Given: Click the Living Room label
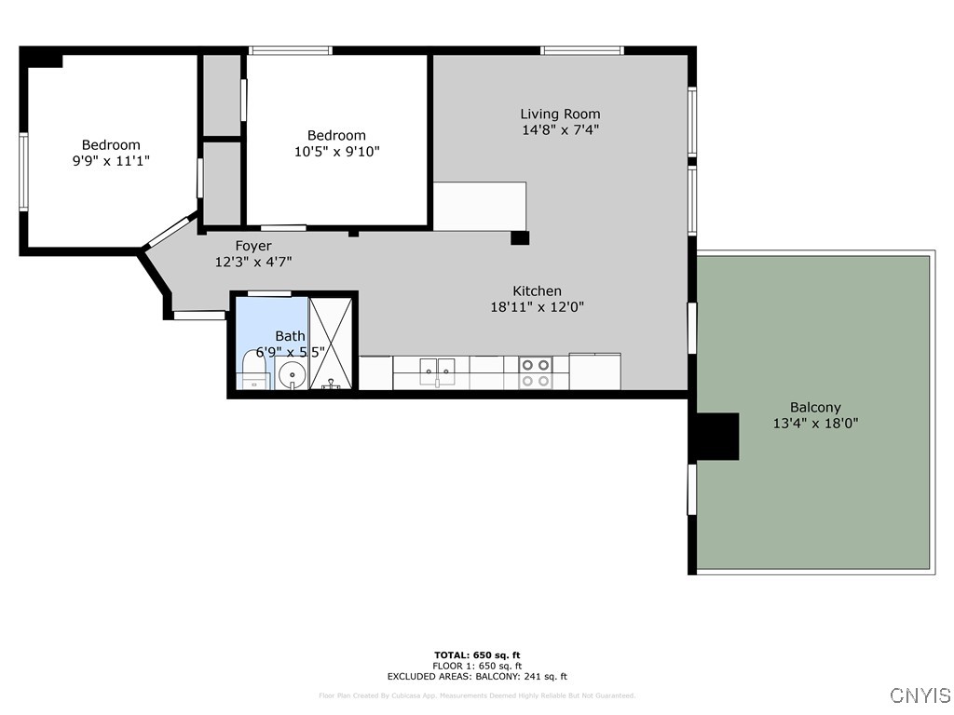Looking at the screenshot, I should click(x=560, y=115).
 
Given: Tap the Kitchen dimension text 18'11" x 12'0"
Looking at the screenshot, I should click(x=537, y=306).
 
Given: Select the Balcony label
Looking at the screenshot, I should click(x=815, y=407).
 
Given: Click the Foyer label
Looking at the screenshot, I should click(x=253, y=246).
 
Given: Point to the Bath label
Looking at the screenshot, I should click(x=290, y=335).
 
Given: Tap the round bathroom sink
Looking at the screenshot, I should click(x=292, y=374).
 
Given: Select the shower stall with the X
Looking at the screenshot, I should click(x=333, y=342).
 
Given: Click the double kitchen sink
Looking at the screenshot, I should click(x=435, y=371).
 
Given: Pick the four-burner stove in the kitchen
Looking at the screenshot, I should click(x=535, y=372).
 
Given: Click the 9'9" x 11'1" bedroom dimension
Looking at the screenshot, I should click(x=111, y=160).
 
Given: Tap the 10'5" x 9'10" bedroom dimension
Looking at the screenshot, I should click(x=337, y=151).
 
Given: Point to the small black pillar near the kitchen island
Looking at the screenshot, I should click(x=520, y=238).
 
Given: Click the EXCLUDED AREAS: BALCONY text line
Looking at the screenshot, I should click(x=477, y=677).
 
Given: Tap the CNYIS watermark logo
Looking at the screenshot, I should click(x=920, y=695).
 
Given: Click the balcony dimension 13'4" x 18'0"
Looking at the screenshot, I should click(x=815, y=423).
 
